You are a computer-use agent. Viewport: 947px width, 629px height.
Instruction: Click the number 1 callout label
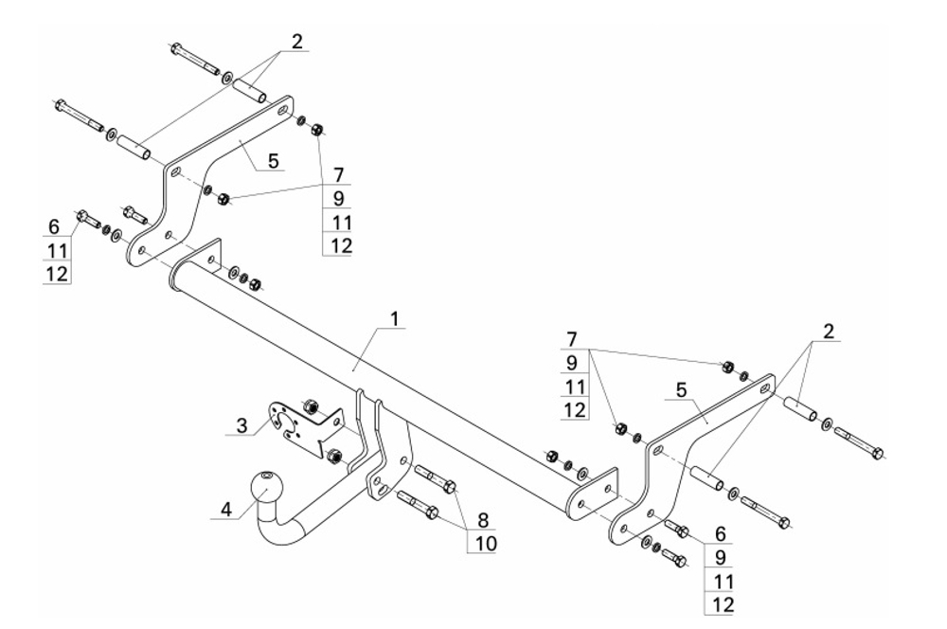click(394, 318)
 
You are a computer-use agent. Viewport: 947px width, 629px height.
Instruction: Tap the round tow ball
click(266, 487)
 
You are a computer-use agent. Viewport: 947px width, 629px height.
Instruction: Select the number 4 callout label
click(226, 510)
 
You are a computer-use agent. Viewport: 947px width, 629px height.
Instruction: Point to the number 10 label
click(485, 543)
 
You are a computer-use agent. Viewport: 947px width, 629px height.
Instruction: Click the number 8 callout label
click(483, 520)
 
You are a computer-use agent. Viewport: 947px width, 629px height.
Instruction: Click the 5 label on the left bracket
click(273, 161)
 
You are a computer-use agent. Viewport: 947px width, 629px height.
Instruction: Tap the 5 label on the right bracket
click(681, 390)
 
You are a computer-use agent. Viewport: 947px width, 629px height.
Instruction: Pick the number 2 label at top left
click(296, 42)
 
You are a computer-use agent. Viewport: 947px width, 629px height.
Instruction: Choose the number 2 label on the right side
click(828, 332)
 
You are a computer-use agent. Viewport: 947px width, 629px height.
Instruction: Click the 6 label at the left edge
click(54, 226)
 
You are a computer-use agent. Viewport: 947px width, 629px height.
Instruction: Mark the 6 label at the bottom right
click(720, 534)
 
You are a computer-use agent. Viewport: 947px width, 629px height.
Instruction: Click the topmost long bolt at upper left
click(194, 60)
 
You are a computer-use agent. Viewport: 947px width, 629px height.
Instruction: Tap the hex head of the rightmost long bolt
click(878, 452)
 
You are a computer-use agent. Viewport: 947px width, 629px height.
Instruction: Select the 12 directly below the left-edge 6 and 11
click(58, 274)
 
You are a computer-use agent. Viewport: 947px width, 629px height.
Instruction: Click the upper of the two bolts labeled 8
click(436, 478)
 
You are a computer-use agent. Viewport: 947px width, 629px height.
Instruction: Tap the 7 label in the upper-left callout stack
click(338, 175)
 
